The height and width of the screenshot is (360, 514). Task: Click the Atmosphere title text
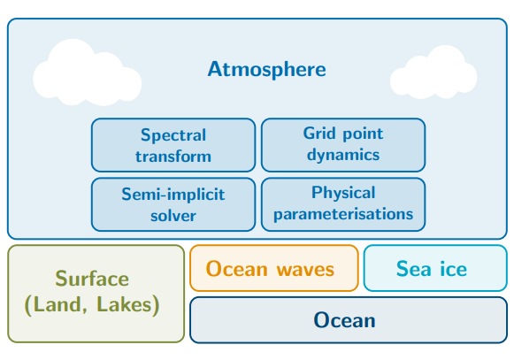(267, 70)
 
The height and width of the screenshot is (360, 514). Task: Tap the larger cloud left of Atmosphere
(88, 73)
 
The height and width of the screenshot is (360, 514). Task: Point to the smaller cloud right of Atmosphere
(433, 73)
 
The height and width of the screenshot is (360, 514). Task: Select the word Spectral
(173, 135)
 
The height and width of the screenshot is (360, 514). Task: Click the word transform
(173, 157)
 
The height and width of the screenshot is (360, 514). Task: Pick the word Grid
(319, 133)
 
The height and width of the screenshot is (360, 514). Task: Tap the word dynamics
(343, 155)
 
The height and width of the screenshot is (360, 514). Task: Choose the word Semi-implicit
(173, 194)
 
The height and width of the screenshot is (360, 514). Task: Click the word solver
(173, 216)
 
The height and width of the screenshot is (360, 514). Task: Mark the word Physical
(343, 193)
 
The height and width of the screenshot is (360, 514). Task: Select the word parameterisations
(343, 214)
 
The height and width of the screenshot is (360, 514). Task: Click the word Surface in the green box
(92, 279)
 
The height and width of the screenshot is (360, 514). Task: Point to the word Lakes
(124, 304)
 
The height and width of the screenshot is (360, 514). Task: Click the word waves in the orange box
(305, 270)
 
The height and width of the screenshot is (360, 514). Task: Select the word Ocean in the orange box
(237, 269)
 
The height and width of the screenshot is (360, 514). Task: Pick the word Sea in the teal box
(413, 269)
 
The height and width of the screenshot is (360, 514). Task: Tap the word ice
(453, 269)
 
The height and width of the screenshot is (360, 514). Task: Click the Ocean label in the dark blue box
(344, 320)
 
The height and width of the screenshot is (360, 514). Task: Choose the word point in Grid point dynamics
(363, 134)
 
